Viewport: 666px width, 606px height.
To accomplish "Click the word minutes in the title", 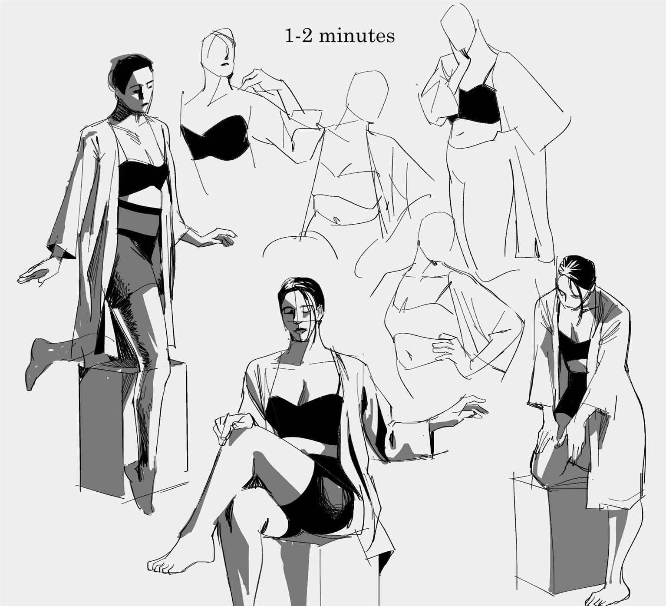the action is point(356,36).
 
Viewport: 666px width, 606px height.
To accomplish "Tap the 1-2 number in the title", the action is point(298,36).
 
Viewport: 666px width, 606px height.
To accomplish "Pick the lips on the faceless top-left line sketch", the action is point(225,64).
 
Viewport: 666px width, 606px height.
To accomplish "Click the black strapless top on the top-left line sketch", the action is point(216,138).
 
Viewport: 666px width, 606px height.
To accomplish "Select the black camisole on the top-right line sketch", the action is point(478,105).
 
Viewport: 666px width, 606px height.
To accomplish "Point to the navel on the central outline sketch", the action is point(336,219).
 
